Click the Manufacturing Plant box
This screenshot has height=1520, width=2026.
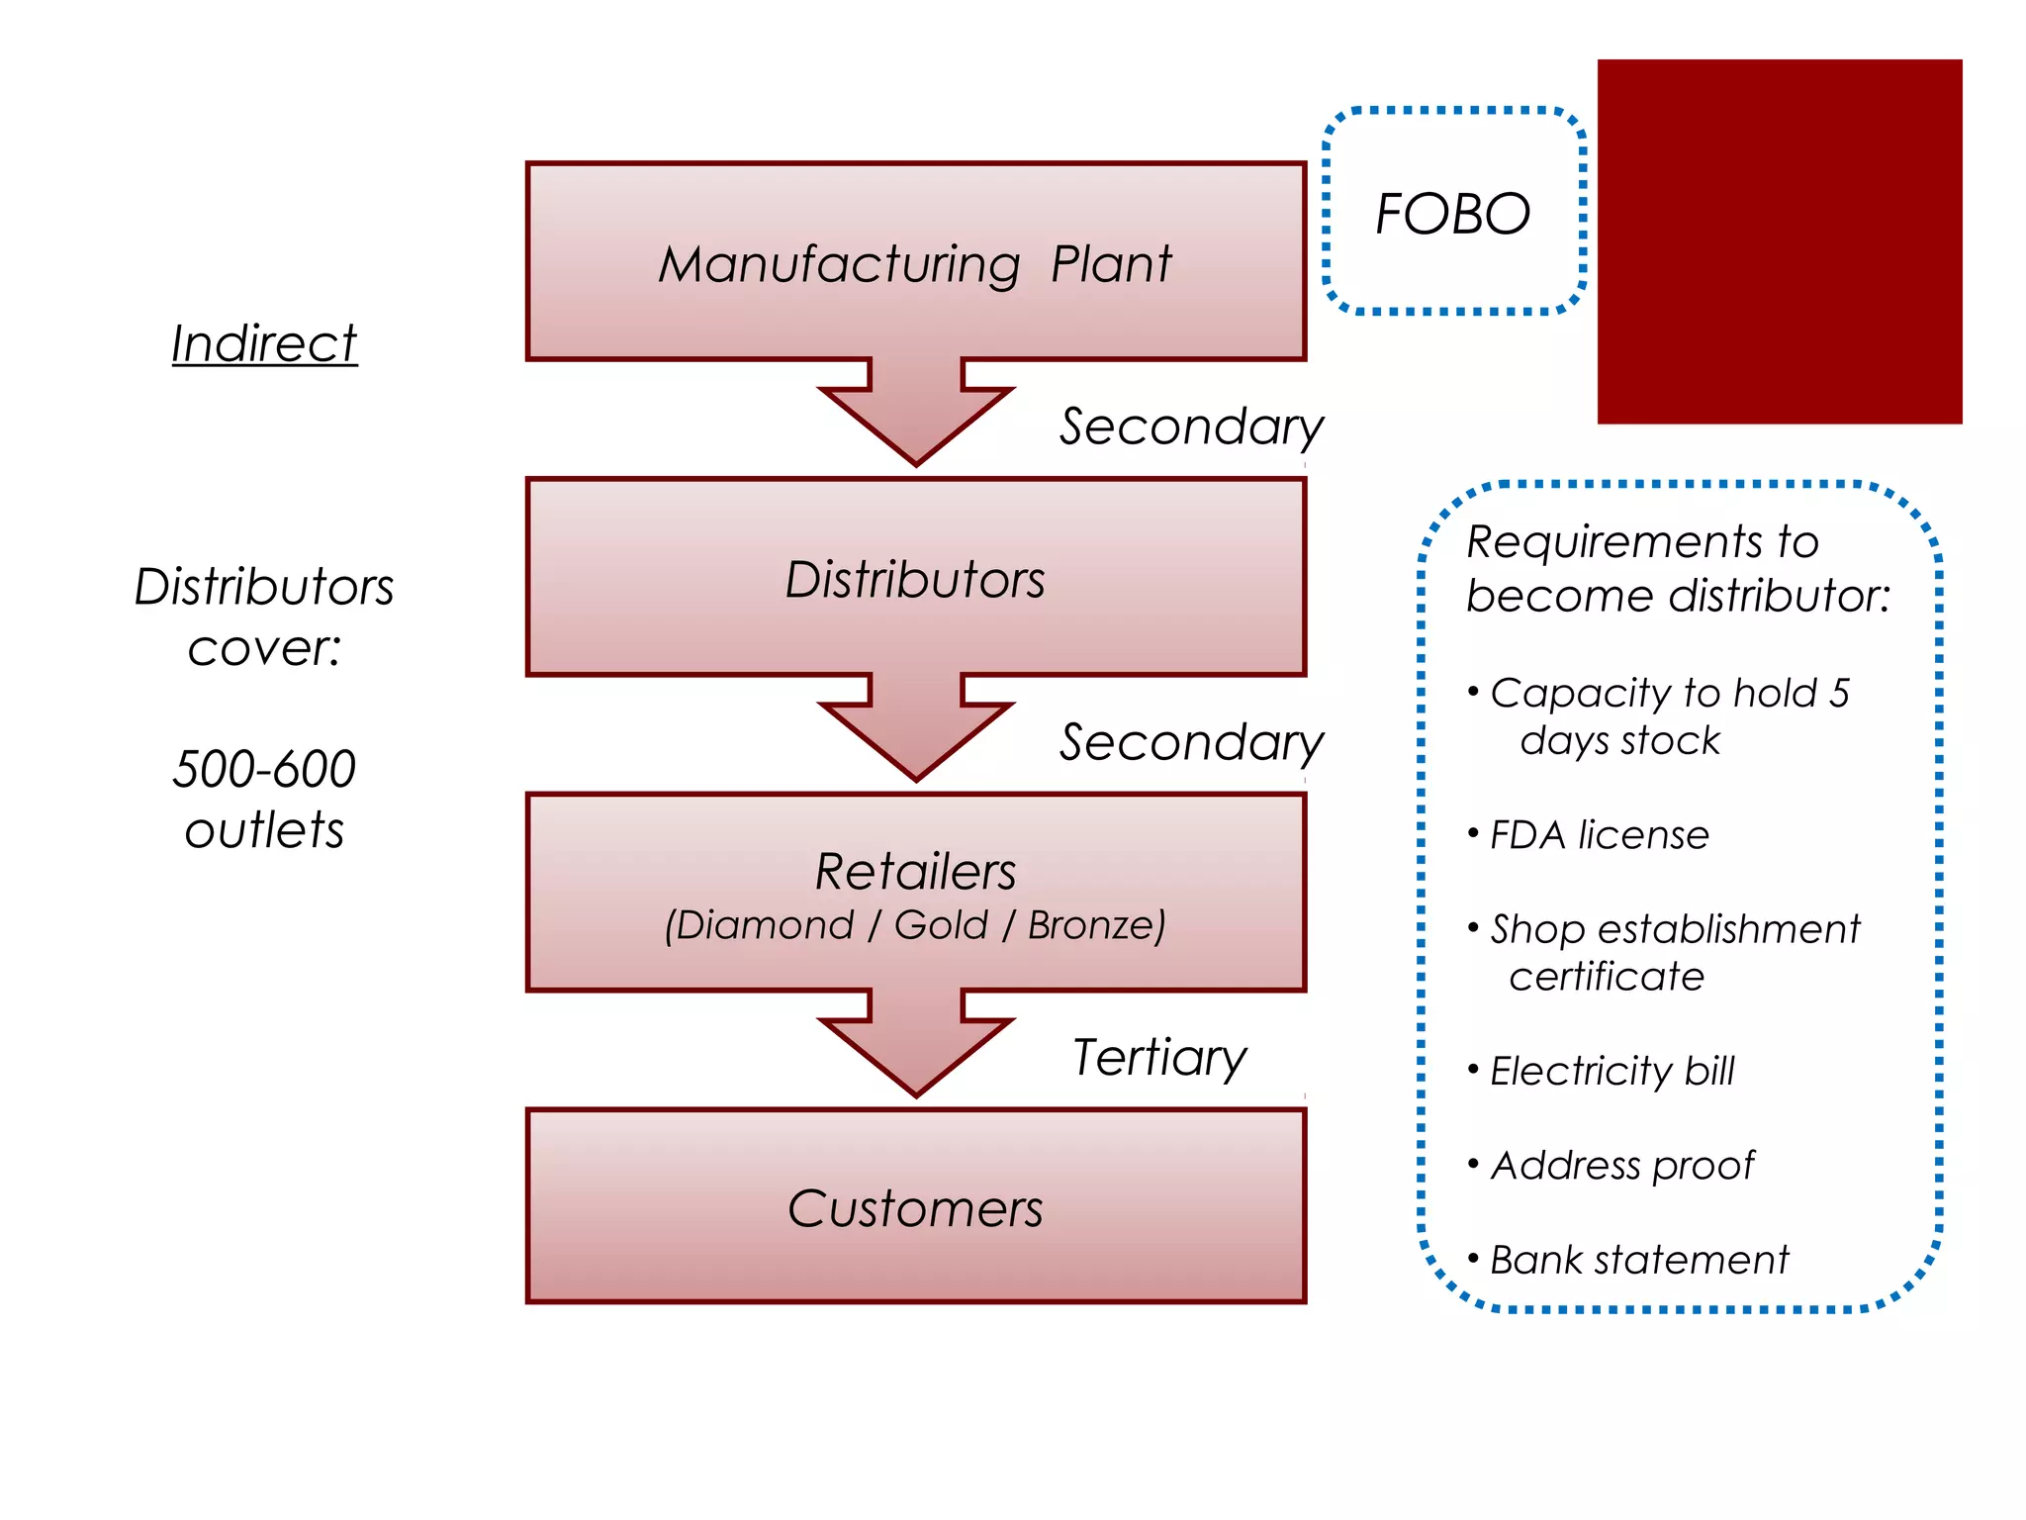(x=915, y=263)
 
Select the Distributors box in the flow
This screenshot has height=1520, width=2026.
(x=915, y=579)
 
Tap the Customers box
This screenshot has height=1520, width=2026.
(x=915, y=1208)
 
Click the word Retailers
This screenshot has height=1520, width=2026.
(x=915, y=872)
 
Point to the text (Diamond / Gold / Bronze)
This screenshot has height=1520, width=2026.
(x=915, y=926)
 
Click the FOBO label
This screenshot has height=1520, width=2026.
(x=1452, y=214)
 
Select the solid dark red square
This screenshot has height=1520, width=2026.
(x=1779, y=241)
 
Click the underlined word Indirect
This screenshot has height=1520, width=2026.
(x=264, y=344)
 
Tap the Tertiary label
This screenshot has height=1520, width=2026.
(x=1159, y=1058)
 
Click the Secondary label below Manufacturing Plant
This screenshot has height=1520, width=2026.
(x=1191, y=427)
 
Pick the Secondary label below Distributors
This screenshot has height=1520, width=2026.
(x=1191, y=742)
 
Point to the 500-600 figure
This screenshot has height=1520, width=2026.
(x=264, y=769)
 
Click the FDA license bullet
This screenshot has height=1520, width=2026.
(x=1599, y=835)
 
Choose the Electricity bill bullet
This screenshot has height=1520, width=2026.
(x=1612, y=1071)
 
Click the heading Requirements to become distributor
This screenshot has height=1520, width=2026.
(x=1677, y=568)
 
